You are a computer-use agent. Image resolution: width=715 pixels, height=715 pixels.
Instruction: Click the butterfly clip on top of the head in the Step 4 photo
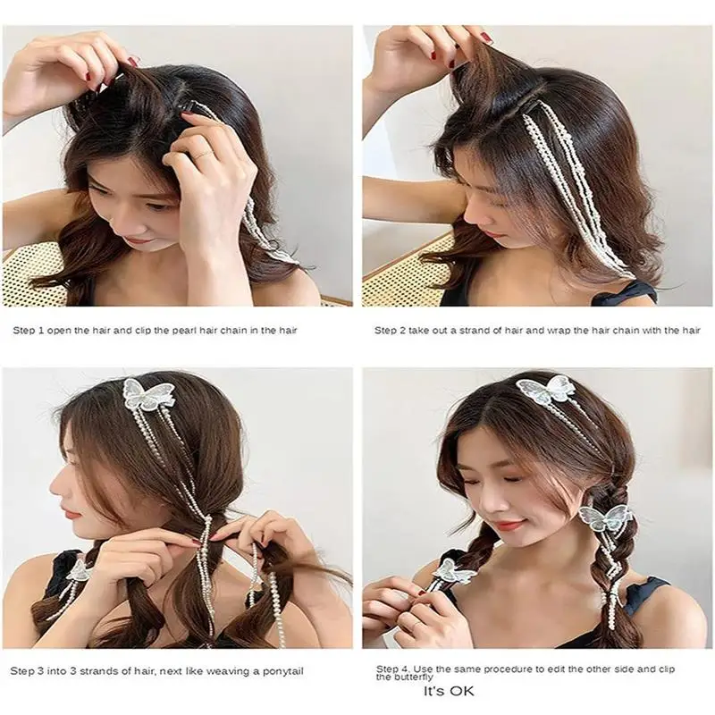[x=546, y=391]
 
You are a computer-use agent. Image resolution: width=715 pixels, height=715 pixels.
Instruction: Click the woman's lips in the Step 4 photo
[x=507, y=526]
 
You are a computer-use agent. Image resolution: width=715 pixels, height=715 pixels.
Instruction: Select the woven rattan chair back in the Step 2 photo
[x=398, y=273]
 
